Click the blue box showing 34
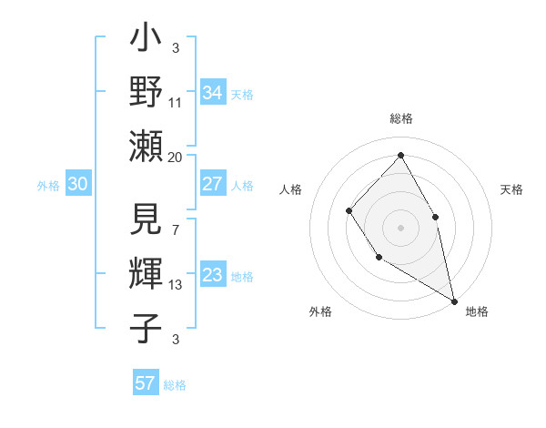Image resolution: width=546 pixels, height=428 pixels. tap(212, 93)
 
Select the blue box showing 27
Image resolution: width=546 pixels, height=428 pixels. tap(212, 184)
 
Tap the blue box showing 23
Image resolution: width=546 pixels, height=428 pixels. tap(212, 275)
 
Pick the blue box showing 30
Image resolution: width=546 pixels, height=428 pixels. tap(78, 184)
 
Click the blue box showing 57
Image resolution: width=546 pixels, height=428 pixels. tap(145, 383)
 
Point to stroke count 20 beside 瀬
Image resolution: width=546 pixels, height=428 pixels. tap(175, 158)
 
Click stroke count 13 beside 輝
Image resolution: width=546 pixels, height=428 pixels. tap(175, 286)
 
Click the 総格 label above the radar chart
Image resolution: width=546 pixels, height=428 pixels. tap(400, 118)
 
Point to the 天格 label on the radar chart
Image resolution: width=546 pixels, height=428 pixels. tap(511, 189)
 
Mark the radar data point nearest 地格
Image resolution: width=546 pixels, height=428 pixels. tap(453, 300)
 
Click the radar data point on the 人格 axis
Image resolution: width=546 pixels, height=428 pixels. tap(349, 211)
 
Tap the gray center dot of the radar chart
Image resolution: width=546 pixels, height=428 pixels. tap(400, 228)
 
